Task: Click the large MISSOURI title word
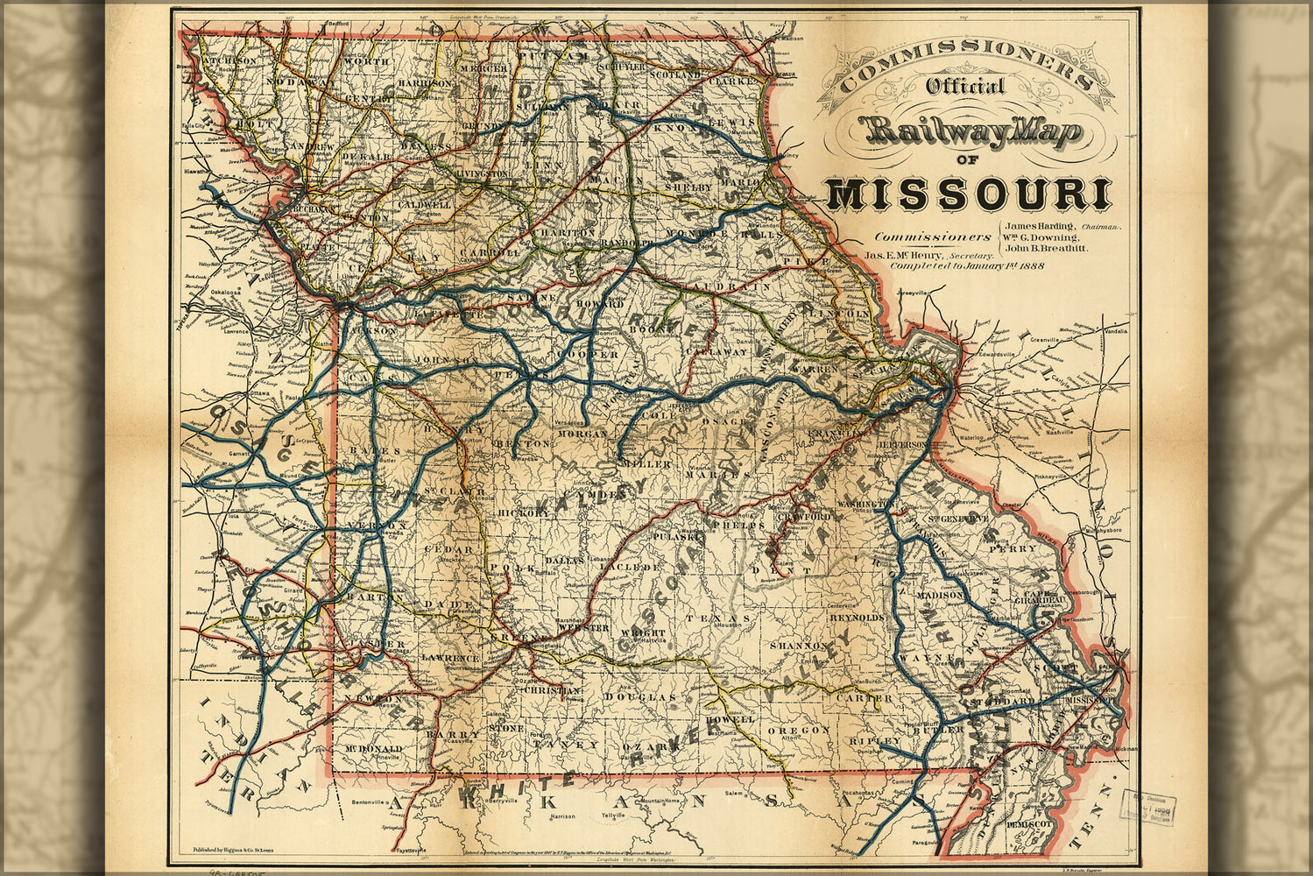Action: click(968, 194)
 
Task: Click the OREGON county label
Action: click(798, 730)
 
